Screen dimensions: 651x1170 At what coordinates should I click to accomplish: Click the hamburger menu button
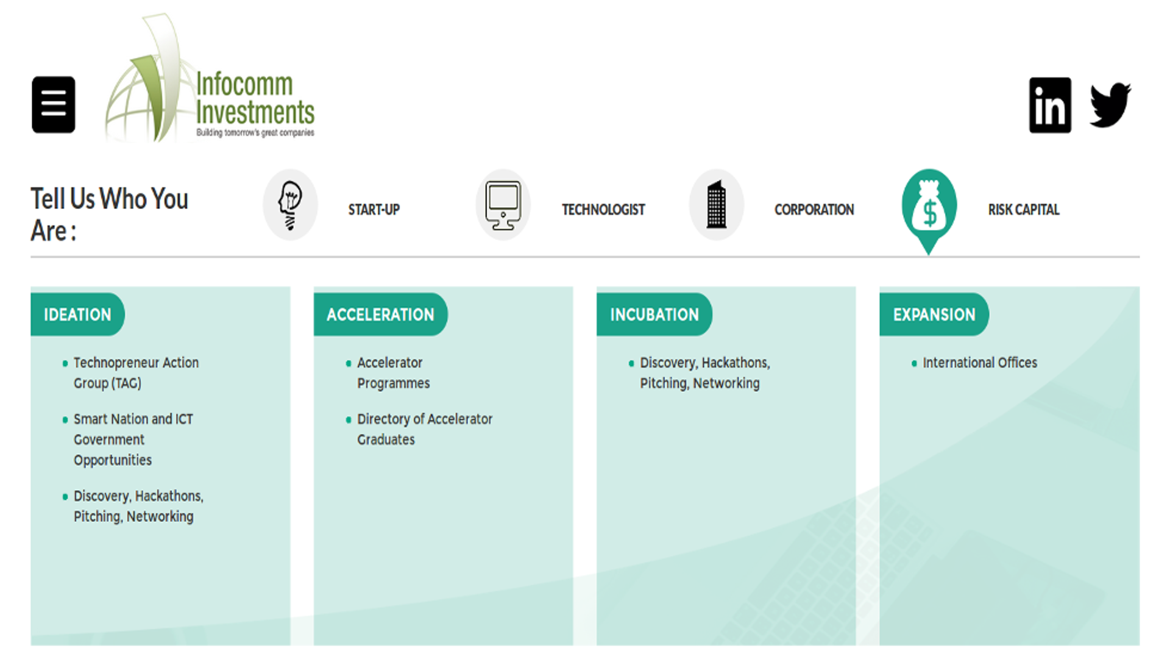click(x=54, y=104)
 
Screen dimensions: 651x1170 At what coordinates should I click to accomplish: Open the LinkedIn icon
click(x=1049, y=105)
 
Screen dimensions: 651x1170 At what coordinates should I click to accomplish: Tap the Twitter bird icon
click(x=1110, y=105)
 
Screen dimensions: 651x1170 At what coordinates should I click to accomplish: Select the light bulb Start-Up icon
click(x=290, y=205)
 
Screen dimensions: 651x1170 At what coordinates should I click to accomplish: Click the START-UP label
click(x=374, y=210)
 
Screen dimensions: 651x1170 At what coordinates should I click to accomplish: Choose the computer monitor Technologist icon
click(x=503, y=205)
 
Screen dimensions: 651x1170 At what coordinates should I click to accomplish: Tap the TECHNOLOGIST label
click(x=603, y=210)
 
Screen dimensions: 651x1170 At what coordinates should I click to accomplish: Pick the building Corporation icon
click(x=716, y=205)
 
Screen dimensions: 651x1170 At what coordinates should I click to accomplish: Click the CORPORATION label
click(x=814, y=210)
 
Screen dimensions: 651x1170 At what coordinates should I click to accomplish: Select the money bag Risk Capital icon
click(x=929, y=207)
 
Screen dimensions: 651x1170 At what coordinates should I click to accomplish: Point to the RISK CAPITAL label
click(x=1023, y=210)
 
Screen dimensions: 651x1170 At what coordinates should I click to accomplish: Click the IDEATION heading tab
click(x=77, y=315)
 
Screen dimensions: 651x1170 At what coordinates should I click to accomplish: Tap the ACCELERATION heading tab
click(x=380, y=315)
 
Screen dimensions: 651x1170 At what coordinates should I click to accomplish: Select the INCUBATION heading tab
click(x=654, y=315)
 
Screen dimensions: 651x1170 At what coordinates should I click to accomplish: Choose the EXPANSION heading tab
click(x=934, y=315)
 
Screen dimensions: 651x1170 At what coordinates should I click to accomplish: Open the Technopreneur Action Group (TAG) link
click(x=135, y=372)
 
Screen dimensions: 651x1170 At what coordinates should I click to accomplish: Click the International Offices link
click(x=979, y=363)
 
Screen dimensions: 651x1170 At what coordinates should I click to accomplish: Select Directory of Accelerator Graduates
click(x=424, y=429)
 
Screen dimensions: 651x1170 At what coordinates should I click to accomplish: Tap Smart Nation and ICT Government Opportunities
click(x=133, y=439)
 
